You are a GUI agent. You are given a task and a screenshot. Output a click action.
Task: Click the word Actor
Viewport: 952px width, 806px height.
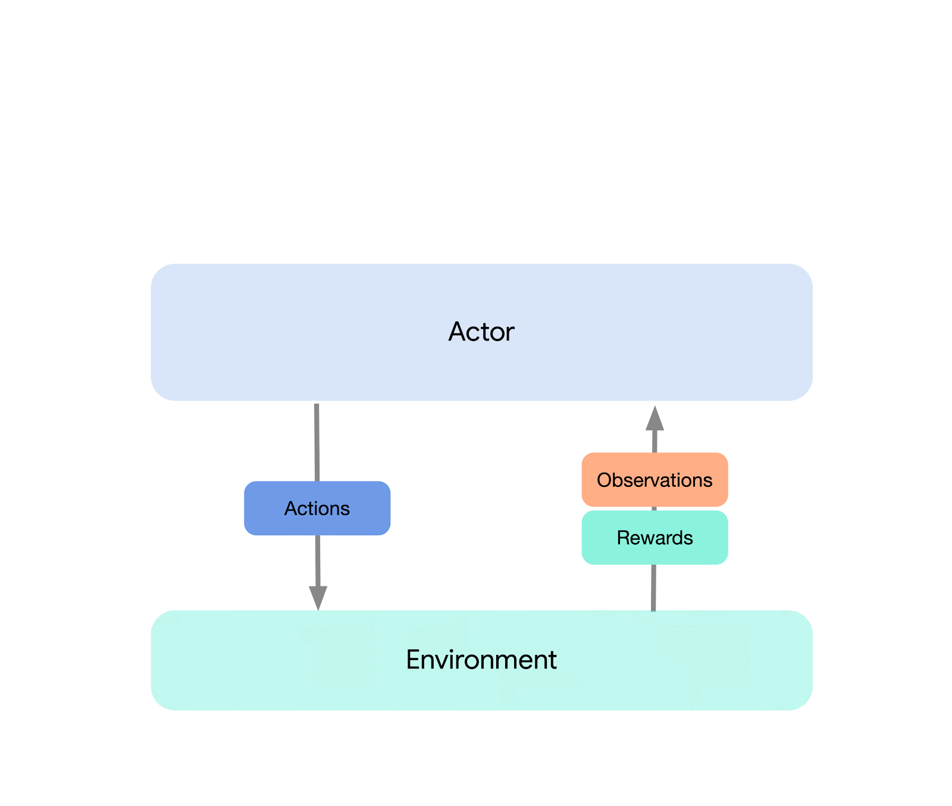click(x=481, y=332)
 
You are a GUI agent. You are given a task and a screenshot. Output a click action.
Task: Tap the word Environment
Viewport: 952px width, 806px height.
click(x=481, y=660)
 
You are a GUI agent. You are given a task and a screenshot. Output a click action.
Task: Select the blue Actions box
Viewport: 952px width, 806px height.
click(x=317, y=508)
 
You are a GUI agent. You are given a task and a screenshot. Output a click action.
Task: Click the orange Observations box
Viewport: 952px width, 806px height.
click(x=654, y=480)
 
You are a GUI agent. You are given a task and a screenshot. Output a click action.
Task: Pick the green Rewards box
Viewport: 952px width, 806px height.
click(x=654, y=538)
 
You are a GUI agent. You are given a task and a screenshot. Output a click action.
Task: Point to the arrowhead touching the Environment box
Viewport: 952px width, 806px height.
click(x=318, y=597)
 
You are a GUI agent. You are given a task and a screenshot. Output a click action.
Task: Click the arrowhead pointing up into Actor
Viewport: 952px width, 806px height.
click(x=654, y=419)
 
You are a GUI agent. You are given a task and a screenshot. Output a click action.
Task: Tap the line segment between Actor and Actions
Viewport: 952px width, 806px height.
click(x=317, y=442)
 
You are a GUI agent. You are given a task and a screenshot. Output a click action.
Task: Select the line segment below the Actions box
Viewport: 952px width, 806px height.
click(x=318, y=560)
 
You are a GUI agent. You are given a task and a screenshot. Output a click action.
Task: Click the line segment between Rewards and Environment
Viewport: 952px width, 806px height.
click(x=653, y=588)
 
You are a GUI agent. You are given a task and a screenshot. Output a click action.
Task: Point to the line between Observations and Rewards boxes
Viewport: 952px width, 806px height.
click(x=654, y=508)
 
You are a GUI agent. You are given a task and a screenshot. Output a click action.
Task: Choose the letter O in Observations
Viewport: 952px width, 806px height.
click(x=604, y=480)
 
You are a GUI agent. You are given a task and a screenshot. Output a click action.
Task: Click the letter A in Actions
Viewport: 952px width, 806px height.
click(x=291, y=508)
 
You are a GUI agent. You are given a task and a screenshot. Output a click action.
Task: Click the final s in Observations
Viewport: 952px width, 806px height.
click(x=708, y=481)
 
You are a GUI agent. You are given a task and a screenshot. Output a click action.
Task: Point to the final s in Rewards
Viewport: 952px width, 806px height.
click(x=688, y=539)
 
